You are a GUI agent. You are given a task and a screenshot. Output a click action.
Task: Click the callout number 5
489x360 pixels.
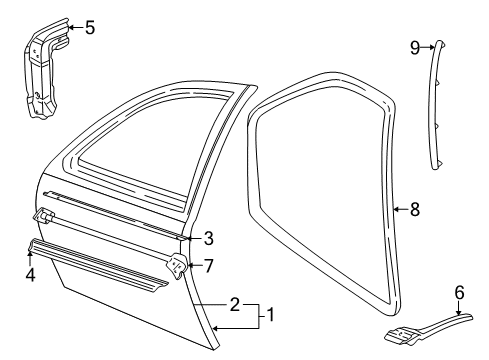89,27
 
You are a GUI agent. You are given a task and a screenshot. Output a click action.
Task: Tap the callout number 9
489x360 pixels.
414,46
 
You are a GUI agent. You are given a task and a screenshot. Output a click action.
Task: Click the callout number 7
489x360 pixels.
208,265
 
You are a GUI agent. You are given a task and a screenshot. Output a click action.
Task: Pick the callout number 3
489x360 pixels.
208,238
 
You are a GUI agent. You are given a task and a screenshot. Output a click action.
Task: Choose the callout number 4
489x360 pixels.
30,272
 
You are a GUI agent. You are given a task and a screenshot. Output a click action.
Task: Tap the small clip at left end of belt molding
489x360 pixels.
45,215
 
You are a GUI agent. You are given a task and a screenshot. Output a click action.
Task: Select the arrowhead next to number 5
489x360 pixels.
71,27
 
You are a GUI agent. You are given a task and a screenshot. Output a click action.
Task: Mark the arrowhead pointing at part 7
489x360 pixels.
192,266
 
